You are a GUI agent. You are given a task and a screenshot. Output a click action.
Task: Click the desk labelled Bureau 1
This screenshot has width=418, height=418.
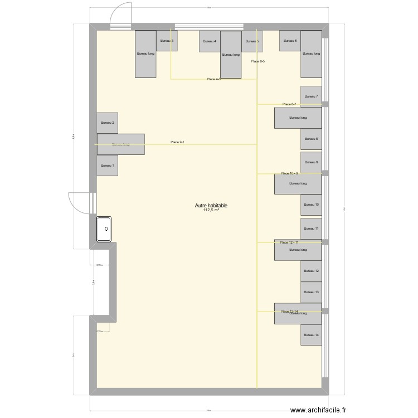click(107, 166)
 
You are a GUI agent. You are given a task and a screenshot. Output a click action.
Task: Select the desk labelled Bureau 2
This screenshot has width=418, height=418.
click(107, 123)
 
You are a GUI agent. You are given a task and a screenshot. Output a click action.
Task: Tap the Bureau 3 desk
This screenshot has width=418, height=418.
click(167, 41)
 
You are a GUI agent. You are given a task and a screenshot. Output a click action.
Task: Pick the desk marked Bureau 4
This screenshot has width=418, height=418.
click(210, 41)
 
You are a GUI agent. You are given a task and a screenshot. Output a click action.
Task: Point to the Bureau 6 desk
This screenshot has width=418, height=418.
click(290, 41)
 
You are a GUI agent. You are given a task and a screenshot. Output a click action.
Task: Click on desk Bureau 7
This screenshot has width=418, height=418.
click(311, 96)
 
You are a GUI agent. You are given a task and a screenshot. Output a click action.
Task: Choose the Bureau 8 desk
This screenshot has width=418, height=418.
click(311, 139)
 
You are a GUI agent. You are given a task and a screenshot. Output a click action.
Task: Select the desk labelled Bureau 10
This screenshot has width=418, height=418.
click(311, 205)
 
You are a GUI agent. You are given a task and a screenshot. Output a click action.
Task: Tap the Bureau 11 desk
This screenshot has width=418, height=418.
click(311, 229)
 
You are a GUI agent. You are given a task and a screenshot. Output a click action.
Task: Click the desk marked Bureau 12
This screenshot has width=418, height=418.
click(311, 271)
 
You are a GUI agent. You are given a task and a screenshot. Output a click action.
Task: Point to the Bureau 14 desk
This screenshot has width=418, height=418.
click(311, 335)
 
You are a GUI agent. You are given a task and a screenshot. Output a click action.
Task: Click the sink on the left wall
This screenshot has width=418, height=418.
click(105, 229)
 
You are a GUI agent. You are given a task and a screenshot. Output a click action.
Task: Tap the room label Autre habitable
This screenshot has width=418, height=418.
click(211, 206)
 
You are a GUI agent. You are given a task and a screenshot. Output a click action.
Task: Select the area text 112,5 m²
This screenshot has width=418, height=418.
click(211, 211)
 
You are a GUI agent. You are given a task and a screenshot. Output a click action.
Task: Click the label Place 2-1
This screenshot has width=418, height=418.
click(178, 143)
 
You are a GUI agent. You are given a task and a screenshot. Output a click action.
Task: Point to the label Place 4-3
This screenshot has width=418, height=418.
click(214, 79)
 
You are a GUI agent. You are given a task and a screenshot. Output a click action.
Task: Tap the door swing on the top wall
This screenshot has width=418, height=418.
click(120, 17)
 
